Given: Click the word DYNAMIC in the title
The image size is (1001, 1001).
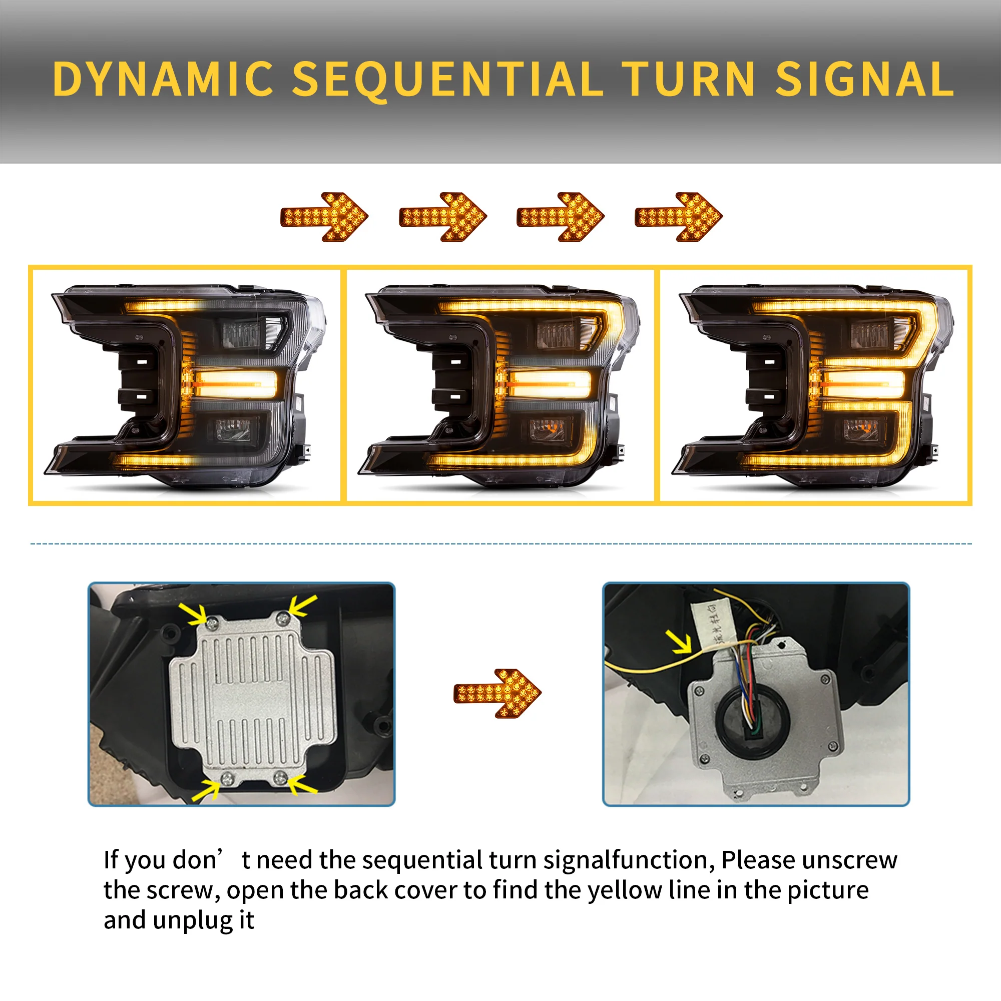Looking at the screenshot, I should coord(163,79).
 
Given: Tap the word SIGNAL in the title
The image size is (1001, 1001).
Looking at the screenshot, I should coord(864,79).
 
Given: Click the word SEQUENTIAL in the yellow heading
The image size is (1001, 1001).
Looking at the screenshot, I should coord(447,79).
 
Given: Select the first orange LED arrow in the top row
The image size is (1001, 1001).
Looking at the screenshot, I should coord(324,217).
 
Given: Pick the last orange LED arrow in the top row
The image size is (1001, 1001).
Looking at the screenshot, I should coord(678,217).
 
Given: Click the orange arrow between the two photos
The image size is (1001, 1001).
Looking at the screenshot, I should coord(497,693).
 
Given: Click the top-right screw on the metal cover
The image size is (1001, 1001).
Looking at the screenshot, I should coord(282,618).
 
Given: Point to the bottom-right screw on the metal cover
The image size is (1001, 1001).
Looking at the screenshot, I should coord(280,777).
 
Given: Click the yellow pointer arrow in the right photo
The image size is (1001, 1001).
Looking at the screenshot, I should coord(681,643).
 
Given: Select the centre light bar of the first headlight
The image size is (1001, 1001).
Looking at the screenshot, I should coord(236,384).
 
